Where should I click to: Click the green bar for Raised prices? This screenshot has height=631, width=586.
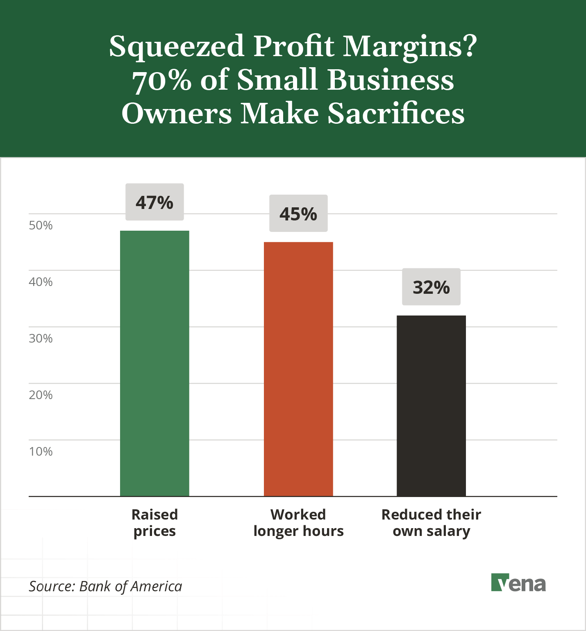(154, 363)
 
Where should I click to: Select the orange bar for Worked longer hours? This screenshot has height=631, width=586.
(298, 369)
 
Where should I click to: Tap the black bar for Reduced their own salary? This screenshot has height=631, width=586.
(431, 406)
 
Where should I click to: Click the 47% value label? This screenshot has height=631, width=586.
(154, 202)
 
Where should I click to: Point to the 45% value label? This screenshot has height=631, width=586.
(298, 213)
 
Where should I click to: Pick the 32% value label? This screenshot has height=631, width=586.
(431, 287)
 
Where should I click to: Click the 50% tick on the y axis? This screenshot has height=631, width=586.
(41, 225)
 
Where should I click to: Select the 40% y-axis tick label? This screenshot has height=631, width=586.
(41, 282)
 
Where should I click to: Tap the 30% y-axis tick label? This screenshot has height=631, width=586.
(41, 338)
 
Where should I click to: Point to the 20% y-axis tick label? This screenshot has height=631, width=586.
(41, 395)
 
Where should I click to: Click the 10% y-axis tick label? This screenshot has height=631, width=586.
(41, 452)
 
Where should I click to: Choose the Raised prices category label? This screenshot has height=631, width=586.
(154, 522)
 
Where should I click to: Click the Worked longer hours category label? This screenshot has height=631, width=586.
(298, 522)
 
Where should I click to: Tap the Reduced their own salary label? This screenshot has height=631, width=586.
(431, 522)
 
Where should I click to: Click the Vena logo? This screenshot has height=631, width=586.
(518, 583)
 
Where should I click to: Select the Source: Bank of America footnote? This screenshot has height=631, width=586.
(105, 586)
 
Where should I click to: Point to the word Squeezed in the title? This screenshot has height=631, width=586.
(177, 47)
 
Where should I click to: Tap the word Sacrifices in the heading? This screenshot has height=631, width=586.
(396, 113)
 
